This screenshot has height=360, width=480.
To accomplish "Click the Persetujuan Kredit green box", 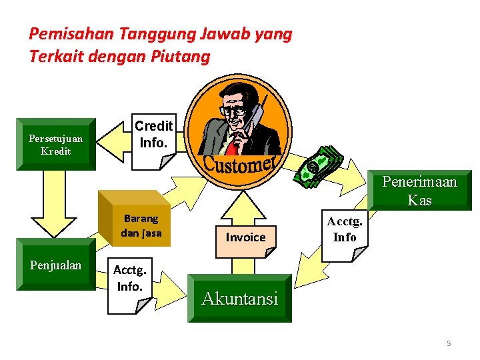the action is (x=55, y=145).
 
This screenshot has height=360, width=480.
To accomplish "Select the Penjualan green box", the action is (x=55, y=265).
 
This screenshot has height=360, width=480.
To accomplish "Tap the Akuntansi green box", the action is (x=239, y=298).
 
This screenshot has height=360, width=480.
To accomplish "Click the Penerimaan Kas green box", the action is (x=419, y=191).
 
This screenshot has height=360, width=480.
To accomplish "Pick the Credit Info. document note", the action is (x=153, y=137).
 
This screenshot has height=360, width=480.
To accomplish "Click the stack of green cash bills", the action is (x=319, y=166).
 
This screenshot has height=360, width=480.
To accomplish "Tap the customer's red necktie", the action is (x=232, y=143).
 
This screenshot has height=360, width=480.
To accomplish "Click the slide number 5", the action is (x=449, y=343).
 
